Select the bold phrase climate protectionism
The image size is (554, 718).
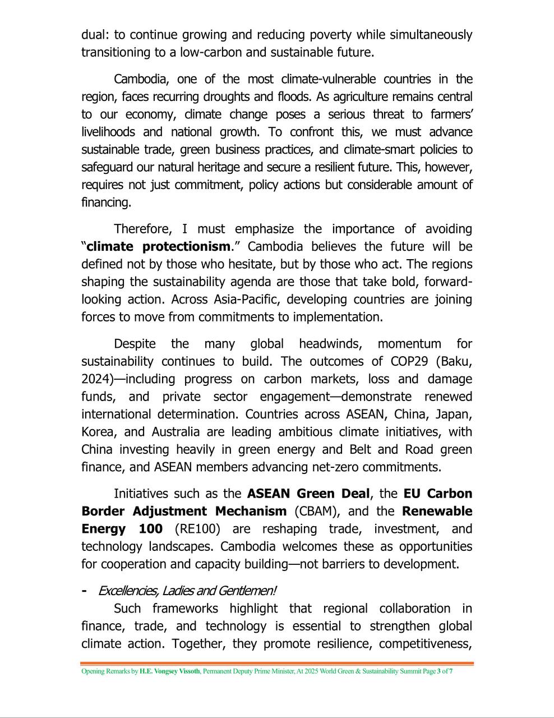(158, 246)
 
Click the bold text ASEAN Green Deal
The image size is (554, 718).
(308, 494)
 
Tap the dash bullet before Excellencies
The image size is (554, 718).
(84, 591)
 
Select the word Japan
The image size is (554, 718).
(453, 414)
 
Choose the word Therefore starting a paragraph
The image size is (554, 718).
(144, 229)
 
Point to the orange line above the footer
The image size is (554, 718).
(277, 664)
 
